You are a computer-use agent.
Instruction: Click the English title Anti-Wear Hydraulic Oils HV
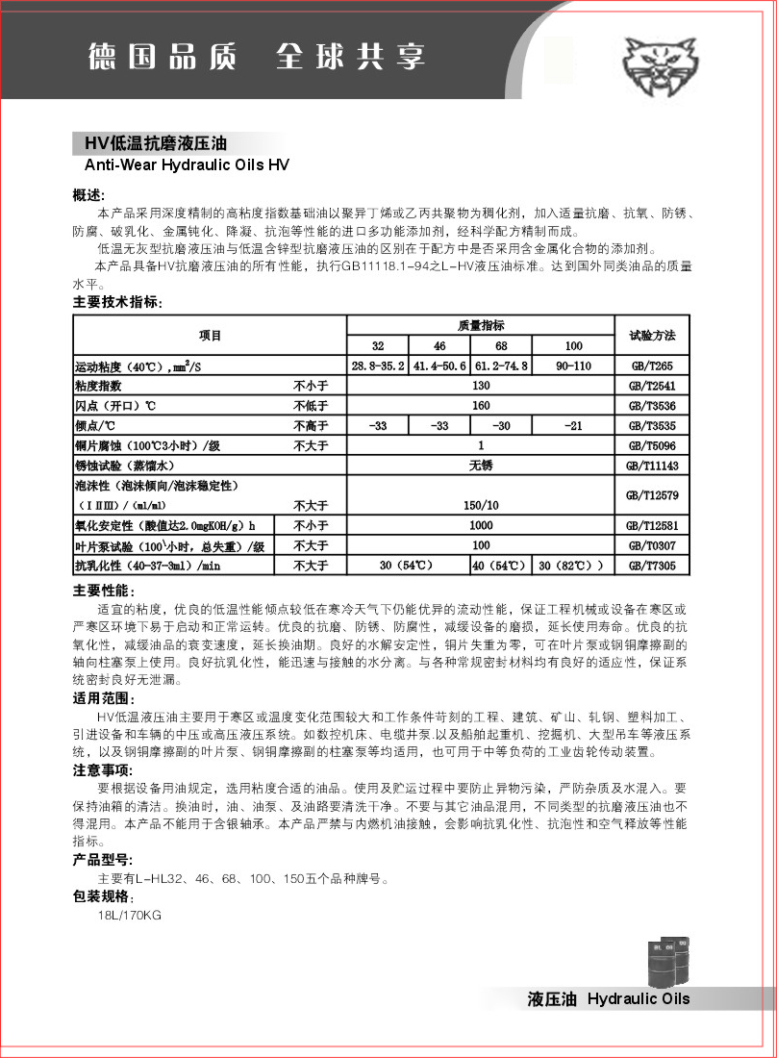click(181, 164)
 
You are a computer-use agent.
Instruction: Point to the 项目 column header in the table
click(210, 336)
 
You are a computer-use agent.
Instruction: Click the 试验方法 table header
click(652, 336)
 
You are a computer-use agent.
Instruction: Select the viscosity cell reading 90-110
click(573, 366)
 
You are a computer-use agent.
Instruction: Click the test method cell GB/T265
click(652, 366)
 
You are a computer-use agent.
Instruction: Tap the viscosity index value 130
click(481, 386)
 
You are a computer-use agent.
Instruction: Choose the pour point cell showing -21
click(573, 425)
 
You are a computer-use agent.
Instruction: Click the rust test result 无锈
click(481, 466)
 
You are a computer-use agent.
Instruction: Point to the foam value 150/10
click(481, 505)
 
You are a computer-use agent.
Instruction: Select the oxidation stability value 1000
click(481, 526)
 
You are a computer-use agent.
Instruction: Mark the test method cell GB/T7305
click(652, 566)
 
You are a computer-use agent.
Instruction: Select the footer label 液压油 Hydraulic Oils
click(609, 998)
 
